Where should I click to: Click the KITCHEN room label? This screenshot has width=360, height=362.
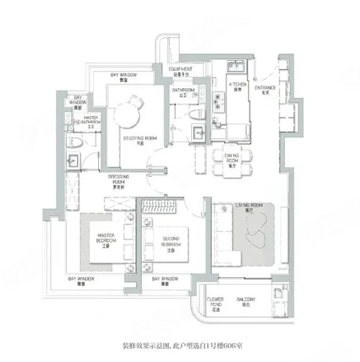(x=238, y=86)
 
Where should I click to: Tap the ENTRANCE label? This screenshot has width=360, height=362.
(x=264, y=89)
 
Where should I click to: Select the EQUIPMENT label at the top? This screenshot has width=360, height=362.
(x=182, y=72)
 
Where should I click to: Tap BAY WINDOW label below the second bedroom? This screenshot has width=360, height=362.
(x=165, y=281)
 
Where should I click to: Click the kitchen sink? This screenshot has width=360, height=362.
(x=217, y=102)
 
